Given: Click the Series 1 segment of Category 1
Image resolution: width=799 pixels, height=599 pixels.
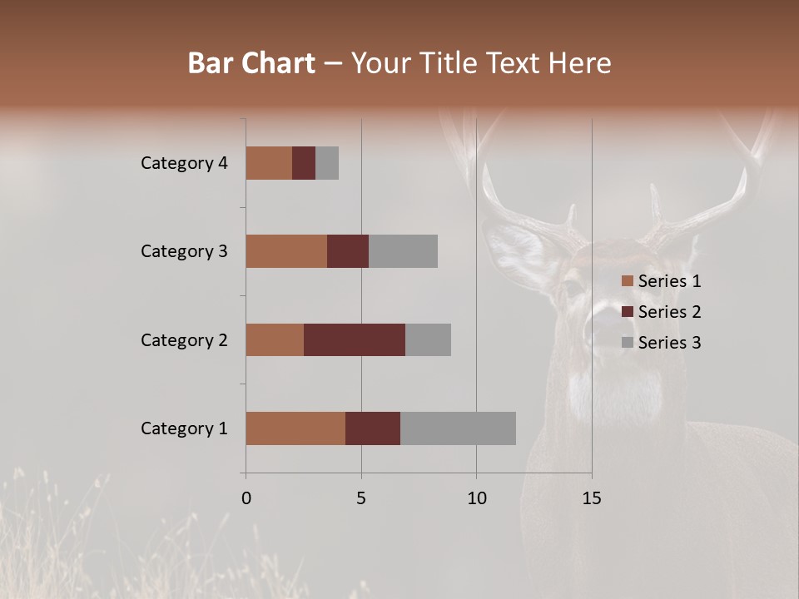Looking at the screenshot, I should [295, 428].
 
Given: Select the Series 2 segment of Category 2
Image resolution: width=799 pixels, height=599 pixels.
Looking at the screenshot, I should [355, 339].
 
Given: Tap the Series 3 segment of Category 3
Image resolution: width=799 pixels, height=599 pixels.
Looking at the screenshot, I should [403, 251].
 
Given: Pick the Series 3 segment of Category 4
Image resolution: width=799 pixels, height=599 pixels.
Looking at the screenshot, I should [327, 163].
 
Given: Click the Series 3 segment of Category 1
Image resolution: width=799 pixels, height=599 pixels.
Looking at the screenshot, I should [458, 428].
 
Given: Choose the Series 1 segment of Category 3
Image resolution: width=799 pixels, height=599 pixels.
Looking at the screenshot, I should [286, 251].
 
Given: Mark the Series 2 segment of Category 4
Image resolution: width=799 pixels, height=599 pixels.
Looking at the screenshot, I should [304, 163].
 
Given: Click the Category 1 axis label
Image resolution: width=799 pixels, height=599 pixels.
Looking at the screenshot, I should [184, 428].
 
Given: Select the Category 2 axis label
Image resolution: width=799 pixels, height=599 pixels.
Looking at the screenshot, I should [184, 339].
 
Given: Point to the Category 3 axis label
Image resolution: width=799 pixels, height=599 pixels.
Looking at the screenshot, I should [184, 251].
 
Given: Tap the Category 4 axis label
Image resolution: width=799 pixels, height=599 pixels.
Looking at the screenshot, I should [184, 163].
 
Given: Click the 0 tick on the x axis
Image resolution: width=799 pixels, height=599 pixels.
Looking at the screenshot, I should [246, 498].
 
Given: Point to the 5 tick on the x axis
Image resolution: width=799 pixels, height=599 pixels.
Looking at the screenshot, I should [361, 498].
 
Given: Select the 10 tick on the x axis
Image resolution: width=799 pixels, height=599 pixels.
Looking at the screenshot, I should [476, 498].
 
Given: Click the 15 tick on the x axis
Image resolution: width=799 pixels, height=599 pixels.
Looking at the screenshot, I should [591, 498].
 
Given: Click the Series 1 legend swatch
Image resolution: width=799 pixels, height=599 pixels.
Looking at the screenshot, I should [628, 281].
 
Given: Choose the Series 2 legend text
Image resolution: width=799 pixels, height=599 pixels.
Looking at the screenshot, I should [670, 312].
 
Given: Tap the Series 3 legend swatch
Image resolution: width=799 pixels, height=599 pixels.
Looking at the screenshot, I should [628, 343].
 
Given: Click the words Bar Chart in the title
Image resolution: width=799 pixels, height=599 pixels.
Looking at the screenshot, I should [251, 63].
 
